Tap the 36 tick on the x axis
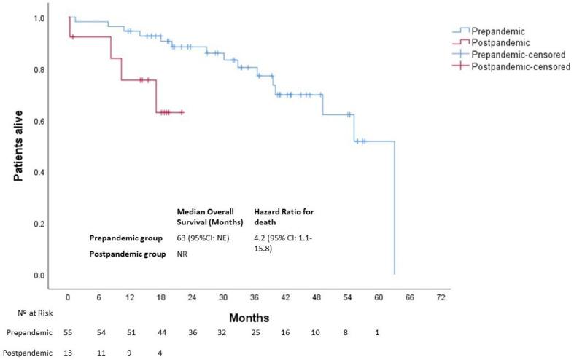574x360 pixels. pos(255,297)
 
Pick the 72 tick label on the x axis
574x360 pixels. pos(441,297)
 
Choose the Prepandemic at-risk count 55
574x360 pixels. pos(68,333)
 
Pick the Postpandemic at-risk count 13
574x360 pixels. pos(68,353)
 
